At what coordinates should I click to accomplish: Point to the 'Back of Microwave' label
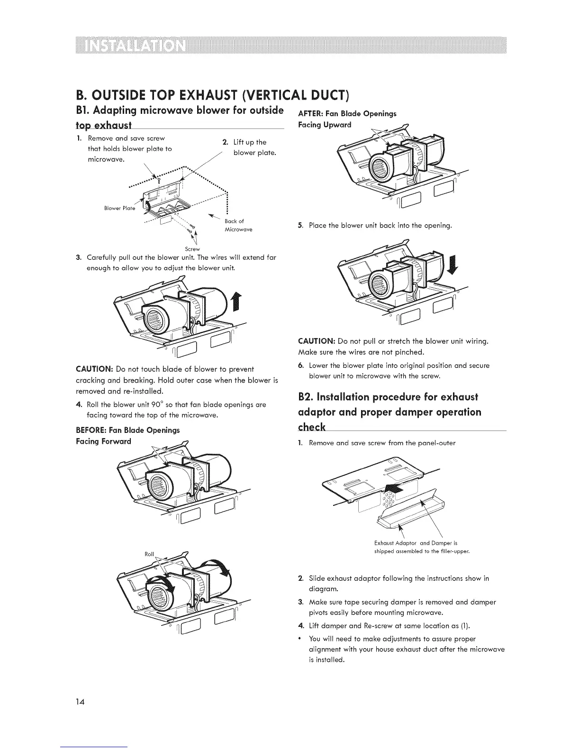pyautogui.click(x=238, y=225)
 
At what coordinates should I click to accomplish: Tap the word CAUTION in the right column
pyautogui.click(x=316, y=341)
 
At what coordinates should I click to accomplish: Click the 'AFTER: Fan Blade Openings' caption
pyautogui.click(x=347, y=113)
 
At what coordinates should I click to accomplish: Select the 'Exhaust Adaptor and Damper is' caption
pyautogui.click(x=416, y=543)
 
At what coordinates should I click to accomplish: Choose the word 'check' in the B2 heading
pyautogui.click(x=312, y=427)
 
